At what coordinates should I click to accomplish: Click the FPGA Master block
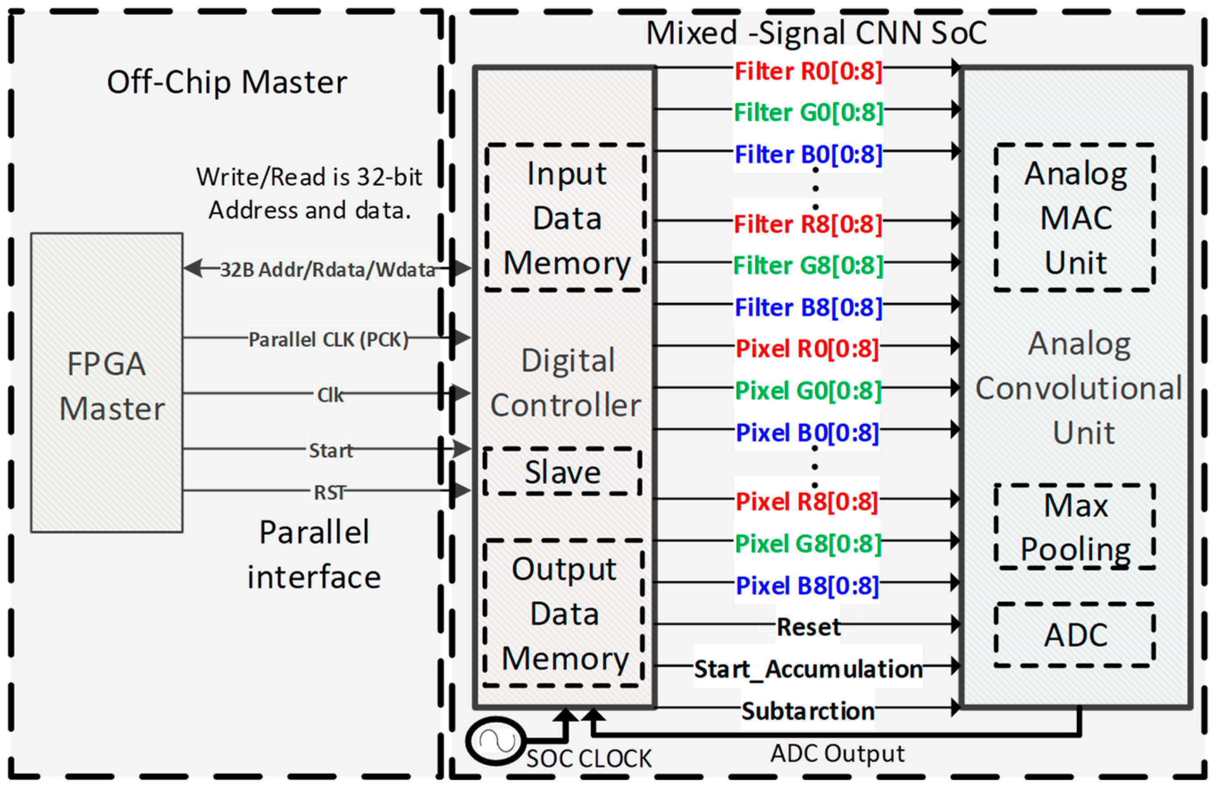(x=107, y=383)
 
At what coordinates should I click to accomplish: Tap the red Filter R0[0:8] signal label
(x=808, y=71)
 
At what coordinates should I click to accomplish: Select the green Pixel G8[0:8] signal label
(x=807, y=543)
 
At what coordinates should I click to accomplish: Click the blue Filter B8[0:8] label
(x=808, y=307)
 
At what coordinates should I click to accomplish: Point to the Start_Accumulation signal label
(x=808, y=669)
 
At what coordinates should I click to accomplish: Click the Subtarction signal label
(x=808, y=710)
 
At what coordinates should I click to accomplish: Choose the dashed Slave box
(x=562, y=471)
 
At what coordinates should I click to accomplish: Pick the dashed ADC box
(x=1075, y=634)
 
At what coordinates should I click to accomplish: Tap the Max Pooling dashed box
(x=1075, y=526)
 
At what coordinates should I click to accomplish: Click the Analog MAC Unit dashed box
(x=1075, y=218)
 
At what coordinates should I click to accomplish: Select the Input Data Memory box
(x=566, y=218)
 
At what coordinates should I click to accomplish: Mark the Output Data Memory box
(x=564, y=613)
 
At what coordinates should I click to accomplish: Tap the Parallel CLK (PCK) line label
(x=328, y=340)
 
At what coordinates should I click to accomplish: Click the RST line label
(x=329, y=492)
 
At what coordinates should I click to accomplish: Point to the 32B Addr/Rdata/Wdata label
(x=327, y=269)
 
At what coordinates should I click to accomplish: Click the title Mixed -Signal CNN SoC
(x=816, y=33)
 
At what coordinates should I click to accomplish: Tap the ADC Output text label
(x=837, y=753)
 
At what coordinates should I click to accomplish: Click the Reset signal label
(x=808, y=626)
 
